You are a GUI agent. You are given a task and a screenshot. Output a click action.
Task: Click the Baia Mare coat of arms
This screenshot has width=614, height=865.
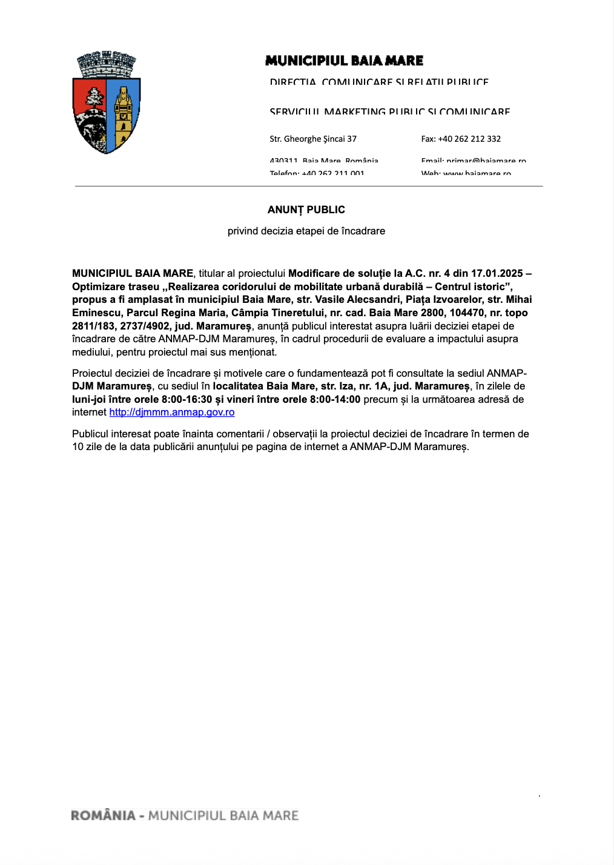pos(107,103)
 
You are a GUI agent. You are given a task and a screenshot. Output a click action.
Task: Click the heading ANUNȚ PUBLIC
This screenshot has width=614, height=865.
pos(306,210)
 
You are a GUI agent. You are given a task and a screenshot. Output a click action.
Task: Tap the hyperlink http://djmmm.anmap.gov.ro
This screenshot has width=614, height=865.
pos(172,413)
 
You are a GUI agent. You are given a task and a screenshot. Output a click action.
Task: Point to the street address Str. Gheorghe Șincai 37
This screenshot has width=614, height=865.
pos(313,139)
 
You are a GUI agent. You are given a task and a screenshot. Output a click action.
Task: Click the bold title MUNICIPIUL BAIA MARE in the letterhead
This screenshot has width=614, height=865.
pos(344,61)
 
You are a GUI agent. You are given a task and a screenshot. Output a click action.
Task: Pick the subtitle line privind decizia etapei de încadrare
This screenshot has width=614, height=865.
pos(306,231)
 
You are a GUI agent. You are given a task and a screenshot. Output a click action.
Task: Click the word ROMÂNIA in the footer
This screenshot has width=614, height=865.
pos(103,815)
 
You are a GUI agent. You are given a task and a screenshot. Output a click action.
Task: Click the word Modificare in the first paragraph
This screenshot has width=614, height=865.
pos(314,273)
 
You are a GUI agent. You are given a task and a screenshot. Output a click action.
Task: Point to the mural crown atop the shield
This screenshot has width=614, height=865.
pos(107,64)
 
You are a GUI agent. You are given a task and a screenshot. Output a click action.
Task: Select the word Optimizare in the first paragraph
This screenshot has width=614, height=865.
pos(99,287)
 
